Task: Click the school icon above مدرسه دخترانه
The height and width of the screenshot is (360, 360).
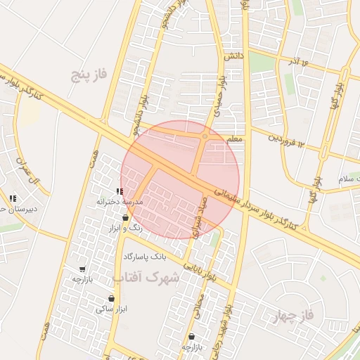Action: (x=120, y=191)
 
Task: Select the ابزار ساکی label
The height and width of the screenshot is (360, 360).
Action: (x=112, y=309)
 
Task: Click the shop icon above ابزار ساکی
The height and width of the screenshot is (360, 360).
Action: (x=111, y=299)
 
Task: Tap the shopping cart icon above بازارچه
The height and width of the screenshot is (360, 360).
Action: (x=82, y=269)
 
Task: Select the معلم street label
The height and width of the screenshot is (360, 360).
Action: (x=235, y=139)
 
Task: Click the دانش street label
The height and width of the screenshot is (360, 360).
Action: (x=233, y=54)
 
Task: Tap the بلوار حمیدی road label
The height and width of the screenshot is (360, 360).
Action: (x=221, y=94)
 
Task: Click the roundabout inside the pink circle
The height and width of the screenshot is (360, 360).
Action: (x=204, y=136)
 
